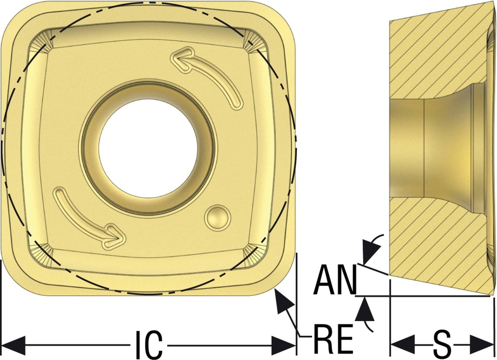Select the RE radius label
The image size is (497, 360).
click(333, 338)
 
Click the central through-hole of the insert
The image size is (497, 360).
click(148, 148)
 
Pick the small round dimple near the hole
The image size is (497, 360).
click(217, 218)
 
